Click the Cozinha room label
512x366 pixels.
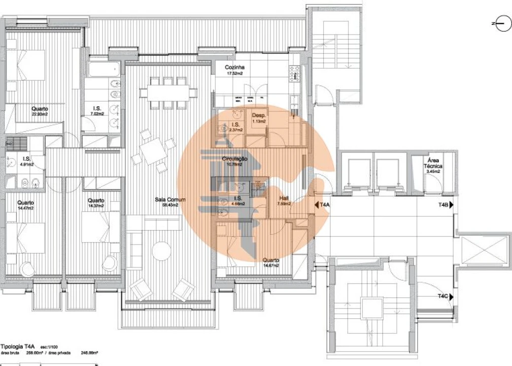point(235,67)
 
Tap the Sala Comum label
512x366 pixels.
point(169,200)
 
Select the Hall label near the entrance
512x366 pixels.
point(284,199)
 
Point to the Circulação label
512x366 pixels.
point(234,159)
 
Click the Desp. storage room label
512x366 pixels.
point(259,116)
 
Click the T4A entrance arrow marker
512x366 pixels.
point(323,205)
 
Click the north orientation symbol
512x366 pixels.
point(503,23)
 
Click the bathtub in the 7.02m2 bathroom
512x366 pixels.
point(104,69)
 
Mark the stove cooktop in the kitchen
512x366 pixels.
point(294,74)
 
